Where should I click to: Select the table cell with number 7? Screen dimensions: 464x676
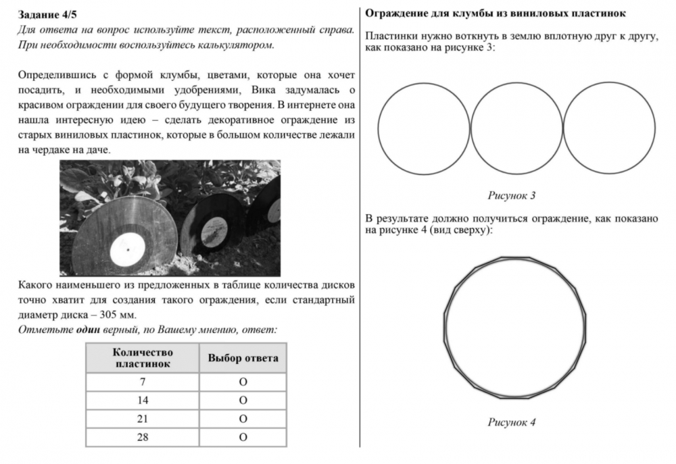point(143,382)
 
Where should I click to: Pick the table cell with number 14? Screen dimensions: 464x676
point(143,401)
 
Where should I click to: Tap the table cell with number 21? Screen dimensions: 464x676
point(143,419)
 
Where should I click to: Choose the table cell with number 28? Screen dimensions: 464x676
point(143,437)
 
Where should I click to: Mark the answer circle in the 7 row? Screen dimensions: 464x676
point(243,382)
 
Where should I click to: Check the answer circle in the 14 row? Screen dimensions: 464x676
point(243,401)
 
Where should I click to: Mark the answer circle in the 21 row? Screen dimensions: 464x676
point(243,419)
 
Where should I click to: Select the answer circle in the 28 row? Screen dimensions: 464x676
point(243,437)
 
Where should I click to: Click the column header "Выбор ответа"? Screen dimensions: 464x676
point(243,358)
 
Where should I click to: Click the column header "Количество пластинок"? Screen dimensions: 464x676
point(143,358)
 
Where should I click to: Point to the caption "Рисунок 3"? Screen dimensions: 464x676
point(512,196)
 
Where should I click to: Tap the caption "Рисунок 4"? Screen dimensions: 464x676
point(512,423)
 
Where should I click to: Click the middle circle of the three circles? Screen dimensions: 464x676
point(516,129)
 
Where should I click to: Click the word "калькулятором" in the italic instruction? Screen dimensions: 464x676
point(236,45)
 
